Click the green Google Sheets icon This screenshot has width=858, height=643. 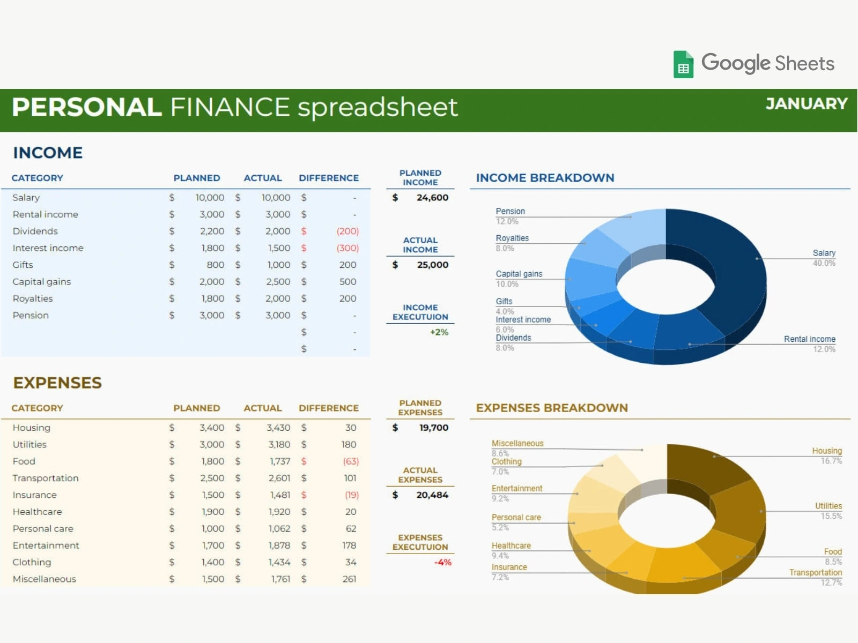click(x=683, y=64)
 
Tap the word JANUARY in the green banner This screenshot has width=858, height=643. click(x=807, y=104)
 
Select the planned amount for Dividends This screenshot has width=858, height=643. click(x=212, y=231)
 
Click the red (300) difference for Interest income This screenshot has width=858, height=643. click(x=347, y=248)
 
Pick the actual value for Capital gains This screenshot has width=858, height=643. click(x=278, y=281)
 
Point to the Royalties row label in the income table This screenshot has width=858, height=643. click(x=33, y=298)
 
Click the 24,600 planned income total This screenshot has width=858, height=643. click(x=432, y=198)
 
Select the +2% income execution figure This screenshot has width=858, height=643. click(x=439, y=332)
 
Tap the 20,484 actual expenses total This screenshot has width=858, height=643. click(x=432, y=495)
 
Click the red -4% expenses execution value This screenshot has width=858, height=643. click(x=442, y=562)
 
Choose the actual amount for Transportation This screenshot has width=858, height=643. click(x=279, y=478)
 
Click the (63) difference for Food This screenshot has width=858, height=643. click(x=351, y=461)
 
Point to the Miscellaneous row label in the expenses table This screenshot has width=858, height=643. click(x=44, y=579)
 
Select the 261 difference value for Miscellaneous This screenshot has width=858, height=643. click(x=349, y=579)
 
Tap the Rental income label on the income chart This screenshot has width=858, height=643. click(x=810, y=339)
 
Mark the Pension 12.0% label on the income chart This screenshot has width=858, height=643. click(x=511, y=216)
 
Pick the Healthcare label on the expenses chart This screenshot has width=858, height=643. click(x=511, y=546)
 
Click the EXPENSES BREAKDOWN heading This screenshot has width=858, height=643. click(x=552, y=408)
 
